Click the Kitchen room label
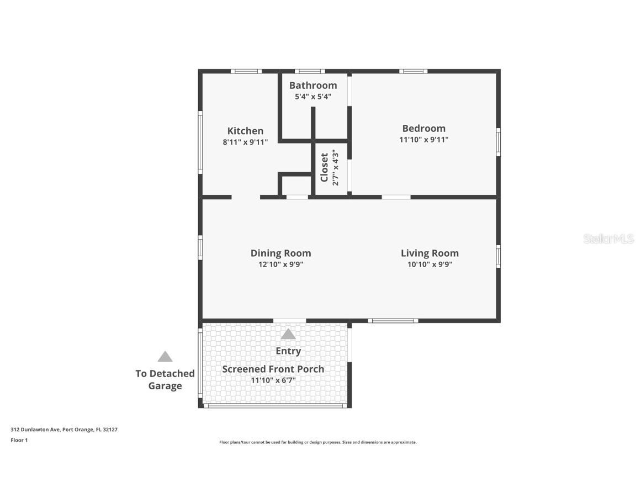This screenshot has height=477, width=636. click(x=245, y=131)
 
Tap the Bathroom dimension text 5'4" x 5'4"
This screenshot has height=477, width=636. click(x=313, y=97)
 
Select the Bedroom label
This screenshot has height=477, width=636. click(x=423, y=128)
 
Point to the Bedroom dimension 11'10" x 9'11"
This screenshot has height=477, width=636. click(x=423, y=140)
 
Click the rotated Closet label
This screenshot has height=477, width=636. click(x=325, y=167)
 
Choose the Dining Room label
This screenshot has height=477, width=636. click(x=280, y=253)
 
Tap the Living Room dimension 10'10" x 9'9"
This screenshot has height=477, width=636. click(x=430, y=264)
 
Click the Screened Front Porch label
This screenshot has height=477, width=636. click(x=273, y=369)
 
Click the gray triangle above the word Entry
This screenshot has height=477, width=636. click(x=288, y=334)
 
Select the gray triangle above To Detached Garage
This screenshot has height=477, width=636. click(x=165, y=357)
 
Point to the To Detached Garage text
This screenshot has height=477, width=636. click(x=165, y=380)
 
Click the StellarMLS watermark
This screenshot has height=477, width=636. click(x=608, y=239)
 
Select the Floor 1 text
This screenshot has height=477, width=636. click(x=19, y=440)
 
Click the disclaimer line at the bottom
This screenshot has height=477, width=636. click(x=318, y=442)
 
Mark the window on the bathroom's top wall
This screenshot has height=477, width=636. click(x=310, y=71)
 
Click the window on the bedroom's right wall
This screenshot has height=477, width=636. click(x=498, y=142)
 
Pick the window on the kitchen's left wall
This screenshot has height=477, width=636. click(x=200, y=142)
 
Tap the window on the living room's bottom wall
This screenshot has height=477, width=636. click(x=393, y=321)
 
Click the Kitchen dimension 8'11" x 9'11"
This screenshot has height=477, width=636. click(x=245, y=142)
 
